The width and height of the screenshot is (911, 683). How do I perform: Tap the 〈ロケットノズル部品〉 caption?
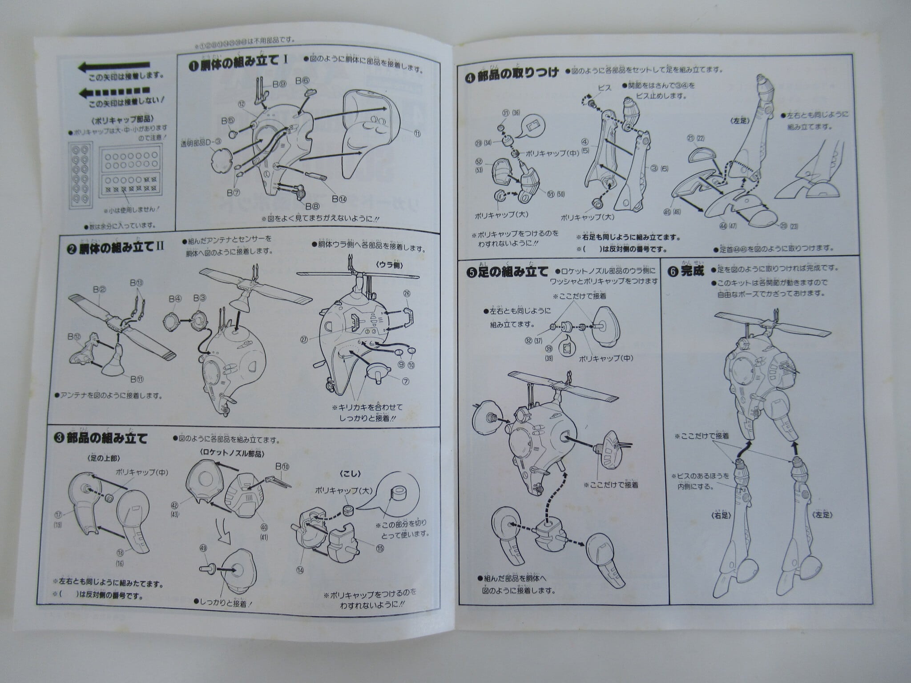pos(227,453)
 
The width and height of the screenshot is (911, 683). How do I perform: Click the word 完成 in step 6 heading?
pos(693,271)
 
